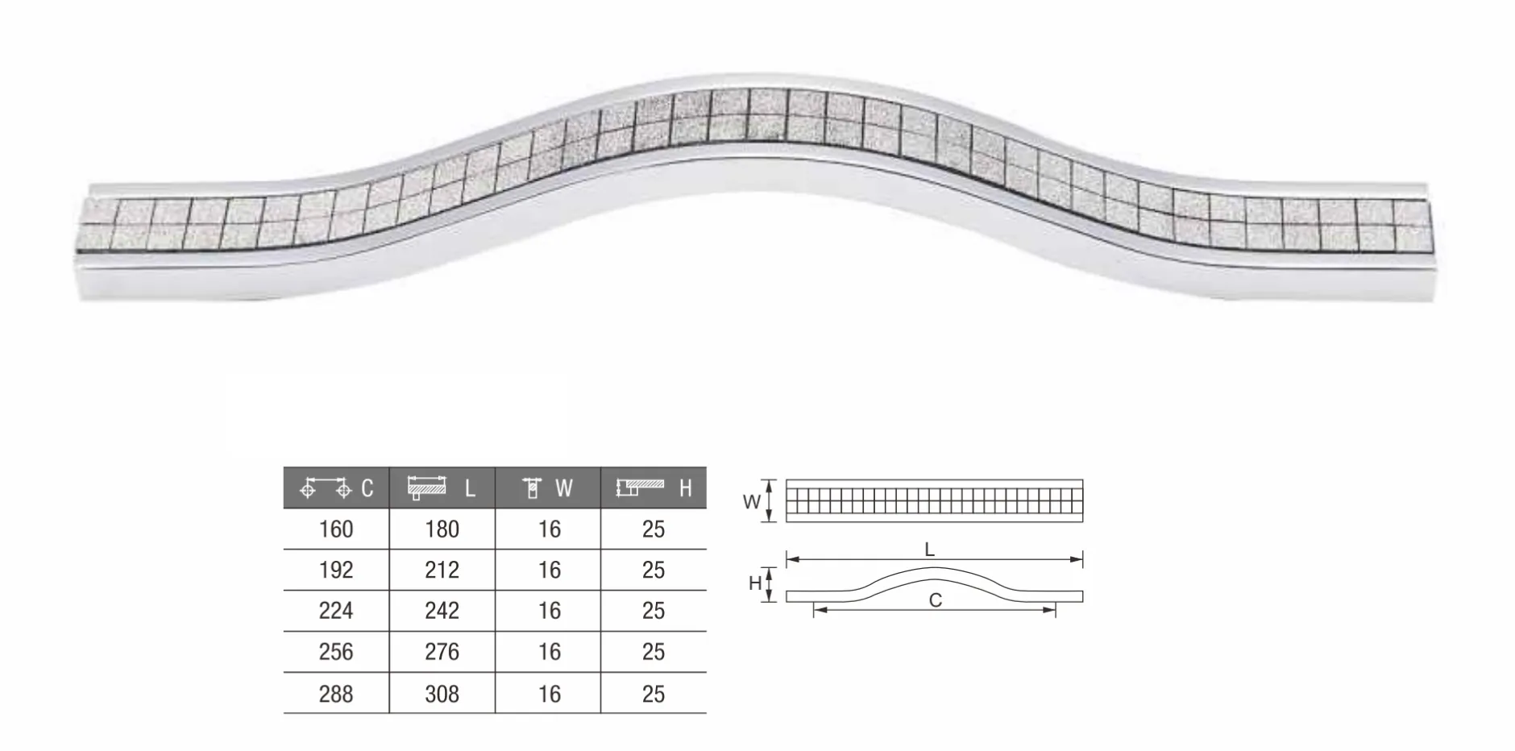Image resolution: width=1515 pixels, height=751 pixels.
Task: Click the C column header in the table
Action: click(336, 488)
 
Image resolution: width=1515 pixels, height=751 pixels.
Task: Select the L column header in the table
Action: click(442, 488)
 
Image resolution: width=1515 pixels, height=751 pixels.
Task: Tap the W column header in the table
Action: click(548, 488)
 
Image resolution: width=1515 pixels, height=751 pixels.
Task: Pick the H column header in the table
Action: click(654, 488)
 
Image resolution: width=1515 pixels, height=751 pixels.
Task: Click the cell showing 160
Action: click(336, 529)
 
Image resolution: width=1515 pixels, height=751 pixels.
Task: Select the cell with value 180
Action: click(442, 529)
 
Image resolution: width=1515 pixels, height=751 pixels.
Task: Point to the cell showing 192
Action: click(336, 571)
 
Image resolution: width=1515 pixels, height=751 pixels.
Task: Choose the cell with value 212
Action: click(442, 571)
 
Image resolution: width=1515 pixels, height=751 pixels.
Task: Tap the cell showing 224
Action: click(336, 611)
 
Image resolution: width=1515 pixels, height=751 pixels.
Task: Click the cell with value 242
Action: click(442, 611)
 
